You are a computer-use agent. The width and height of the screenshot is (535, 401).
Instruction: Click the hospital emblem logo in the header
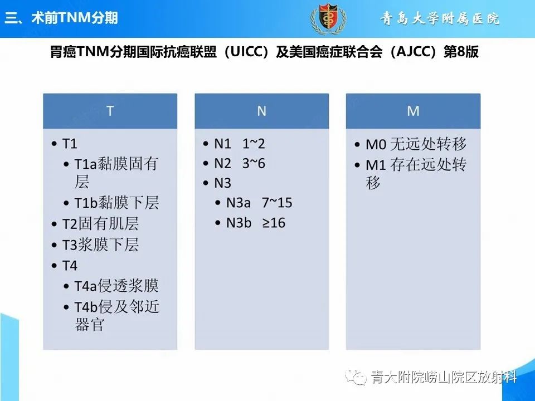pos(324,19)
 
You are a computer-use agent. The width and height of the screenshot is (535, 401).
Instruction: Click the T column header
pos(110,111)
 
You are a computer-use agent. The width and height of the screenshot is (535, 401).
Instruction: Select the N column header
pos(261,111)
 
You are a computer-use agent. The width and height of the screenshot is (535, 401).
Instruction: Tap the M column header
pos(413,111)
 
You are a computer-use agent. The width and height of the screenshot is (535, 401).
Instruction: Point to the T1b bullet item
pos(116,203)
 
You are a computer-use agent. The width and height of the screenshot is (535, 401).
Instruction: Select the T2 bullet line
pos(100,224)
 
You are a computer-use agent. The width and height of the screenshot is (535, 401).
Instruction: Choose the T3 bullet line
pos(100,245)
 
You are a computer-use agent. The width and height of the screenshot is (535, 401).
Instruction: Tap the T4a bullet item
pos(116,286)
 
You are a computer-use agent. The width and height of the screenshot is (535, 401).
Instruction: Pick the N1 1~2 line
pos(240,144)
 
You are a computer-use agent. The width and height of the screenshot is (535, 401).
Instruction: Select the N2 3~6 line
pos(240,164)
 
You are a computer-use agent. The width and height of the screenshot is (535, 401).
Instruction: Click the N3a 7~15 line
pos(259,203)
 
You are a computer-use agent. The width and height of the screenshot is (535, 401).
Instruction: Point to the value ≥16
pos(274,223)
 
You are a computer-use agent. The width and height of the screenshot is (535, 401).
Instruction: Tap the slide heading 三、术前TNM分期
pos(61,18)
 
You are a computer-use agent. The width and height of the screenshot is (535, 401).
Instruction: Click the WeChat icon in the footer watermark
pos(357,378)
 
